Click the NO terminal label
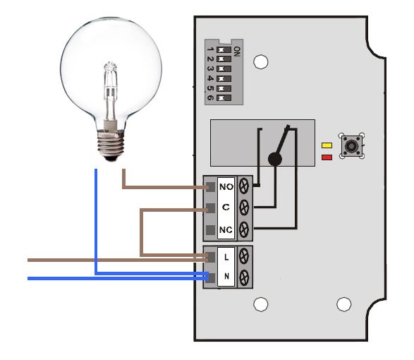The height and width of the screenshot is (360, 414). coord(226,187)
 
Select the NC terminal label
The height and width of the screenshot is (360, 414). coord(226,229)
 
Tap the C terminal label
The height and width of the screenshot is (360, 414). coord(226,207)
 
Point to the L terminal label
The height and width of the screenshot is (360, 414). coord(226,257)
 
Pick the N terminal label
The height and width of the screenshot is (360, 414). coord(226,276)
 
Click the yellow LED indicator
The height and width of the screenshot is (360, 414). coord(327,145)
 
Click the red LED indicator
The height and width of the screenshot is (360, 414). coord(327,157)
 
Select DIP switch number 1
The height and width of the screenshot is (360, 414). coord(224,49)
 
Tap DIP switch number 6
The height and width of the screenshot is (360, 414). coord(224,98)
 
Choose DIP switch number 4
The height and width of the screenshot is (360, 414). coord(224,78)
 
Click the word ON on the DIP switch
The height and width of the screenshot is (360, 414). coord(237,52)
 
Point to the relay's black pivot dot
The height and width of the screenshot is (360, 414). coord(275,159)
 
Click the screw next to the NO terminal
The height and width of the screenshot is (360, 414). coord(244,186)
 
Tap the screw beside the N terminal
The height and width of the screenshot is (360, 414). coord(244,277)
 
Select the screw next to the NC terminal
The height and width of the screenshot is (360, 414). coord(244,229)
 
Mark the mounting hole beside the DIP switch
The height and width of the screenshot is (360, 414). coord(260,61)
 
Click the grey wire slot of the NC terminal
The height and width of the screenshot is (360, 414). coord(210,230)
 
